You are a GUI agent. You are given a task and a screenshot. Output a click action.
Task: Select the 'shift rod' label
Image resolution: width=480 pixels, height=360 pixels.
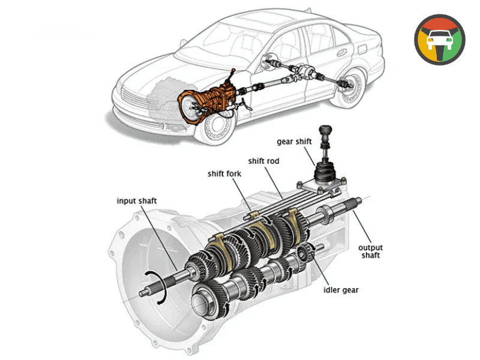(x=264, y=161)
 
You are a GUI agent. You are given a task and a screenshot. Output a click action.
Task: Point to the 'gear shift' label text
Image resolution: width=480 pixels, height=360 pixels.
(x=294, y=142)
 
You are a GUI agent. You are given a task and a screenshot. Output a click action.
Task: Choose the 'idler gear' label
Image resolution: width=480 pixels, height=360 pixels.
(x=341, y=290)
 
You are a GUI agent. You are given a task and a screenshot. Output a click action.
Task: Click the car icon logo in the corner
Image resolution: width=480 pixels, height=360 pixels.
(x=440, y=40)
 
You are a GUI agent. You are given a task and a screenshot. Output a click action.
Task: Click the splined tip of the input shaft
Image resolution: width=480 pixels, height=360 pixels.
(x=146, y=293)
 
